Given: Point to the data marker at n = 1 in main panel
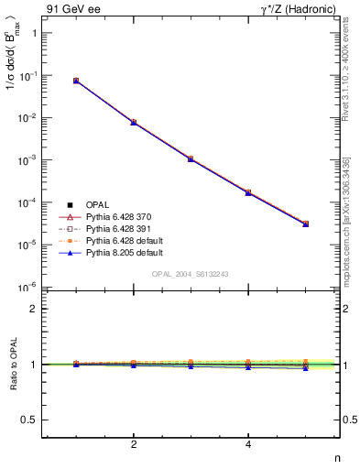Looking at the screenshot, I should tap(76, 81).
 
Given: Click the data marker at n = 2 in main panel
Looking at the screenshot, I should tap(134, 122).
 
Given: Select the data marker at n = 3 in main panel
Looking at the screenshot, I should tap(191, 158).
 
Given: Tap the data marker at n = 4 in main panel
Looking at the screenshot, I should tap(248, 192).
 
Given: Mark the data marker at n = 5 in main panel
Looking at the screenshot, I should tap(305, 224).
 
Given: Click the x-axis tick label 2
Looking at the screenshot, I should tap(134, 445).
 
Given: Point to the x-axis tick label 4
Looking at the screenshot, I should tap(248, 445).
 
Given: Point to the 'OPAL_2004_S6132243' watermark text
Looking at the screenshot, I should tap(191, 274).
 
